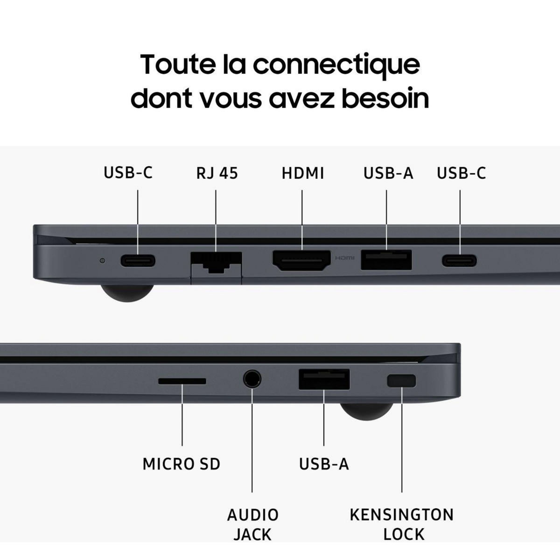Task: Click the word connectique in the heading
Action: pyautogui.click(x=336, y=64)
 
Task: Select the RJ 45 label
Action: pyautogui.click(x=217, y=173)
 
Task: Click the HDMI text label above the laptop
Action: pyautogui.click(x=302, y=173)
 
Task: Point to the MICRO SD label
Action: pyautogui.click(x=181, y=464)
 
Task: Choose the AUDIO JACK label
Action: pyautogui.click(x=252, y=525)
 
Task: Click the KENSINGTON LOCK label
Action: pyautogui.click(x=402, y=525)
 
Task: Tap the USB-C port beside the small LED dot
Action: pyautogui.click(x=138, y=260)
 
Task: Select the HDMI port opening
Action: pyautogui.click(x=302, y=260)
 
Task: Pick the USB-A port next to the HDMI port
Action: pyautogui.click(x=386, y=260)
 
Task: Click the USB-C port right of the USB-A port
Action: pyautogui.click(x=460, y=260)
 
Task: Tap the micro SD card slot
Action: pyautogui.click(x=182, y=381)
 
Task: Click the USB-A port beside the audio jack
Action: pyautogui.click(x=324, y=379)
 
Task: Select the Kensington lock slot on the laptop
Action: pyautogui.click(x=401, y=381)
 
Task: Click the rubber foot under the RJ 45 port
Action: pyautogui.click(x=126, y=293)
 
